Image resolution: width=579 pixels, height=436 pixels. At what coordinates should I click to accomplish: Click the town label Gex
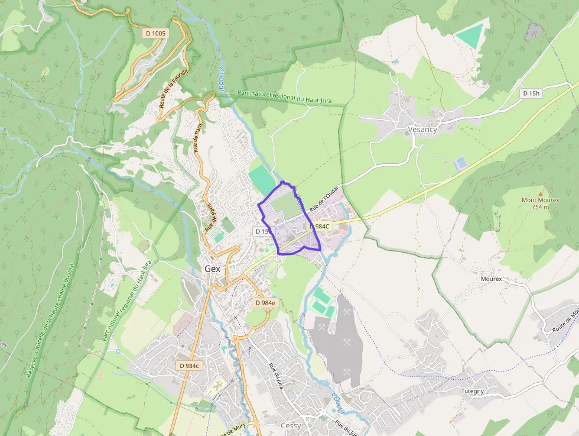(212, 269)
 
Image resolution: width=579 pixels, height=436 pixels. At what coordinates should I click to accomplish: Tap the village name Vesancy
(422, 130)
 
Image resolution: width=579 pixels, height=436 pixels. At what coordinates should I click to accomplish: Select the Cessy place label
(291, 426)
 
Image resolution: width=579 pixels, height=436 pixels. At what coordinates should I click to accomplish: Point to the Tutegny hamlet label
(473, 391)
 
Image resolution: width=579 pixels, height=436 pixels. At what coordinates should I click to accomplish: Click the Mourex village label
(491, 278)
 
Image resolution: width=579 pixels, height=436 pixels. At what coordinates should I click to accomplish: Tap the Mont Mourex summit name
(540, 200)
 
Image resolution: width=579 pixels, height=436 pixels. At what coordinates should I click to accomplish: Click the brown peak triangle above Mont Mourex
(541, 192)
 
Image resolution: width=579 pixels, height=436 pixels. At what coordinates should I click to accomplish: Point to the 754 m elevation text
(540, 207)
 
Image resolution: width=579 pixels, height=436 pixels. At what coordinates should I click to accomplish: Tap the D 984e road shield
(265, 303)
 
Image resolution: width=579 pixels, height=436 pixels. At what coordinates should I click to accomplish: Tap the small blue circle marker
(118, 351)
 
